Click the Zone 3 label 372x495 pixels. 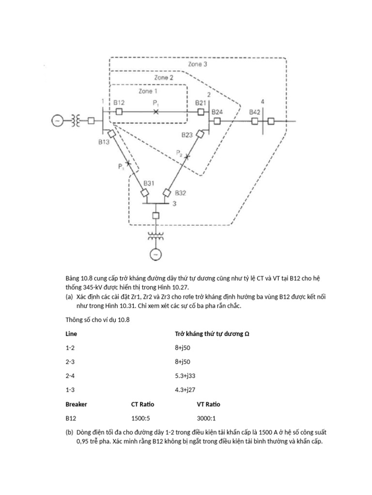198,64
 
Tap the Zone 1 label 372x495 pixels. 148,90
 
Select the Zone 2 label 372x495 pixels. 164,77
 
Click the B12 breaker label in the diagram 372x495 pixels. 119,102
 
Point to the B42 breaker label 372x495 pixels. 255,112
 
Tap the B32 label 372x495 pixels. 180,192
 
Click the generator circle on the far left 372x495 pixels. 57,121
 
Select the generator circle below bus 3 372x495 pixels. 155,253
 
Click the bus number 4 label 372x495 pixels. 263,102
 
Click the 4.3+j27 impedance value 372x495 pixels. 186,390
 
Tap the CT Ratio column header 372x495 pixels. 142,404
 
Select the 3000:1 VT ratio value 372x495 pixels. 206,418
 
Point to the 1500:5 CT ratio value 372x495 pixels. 140,418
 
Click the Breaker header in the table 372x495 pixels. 76,404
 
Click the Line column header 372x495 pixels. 71,334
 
